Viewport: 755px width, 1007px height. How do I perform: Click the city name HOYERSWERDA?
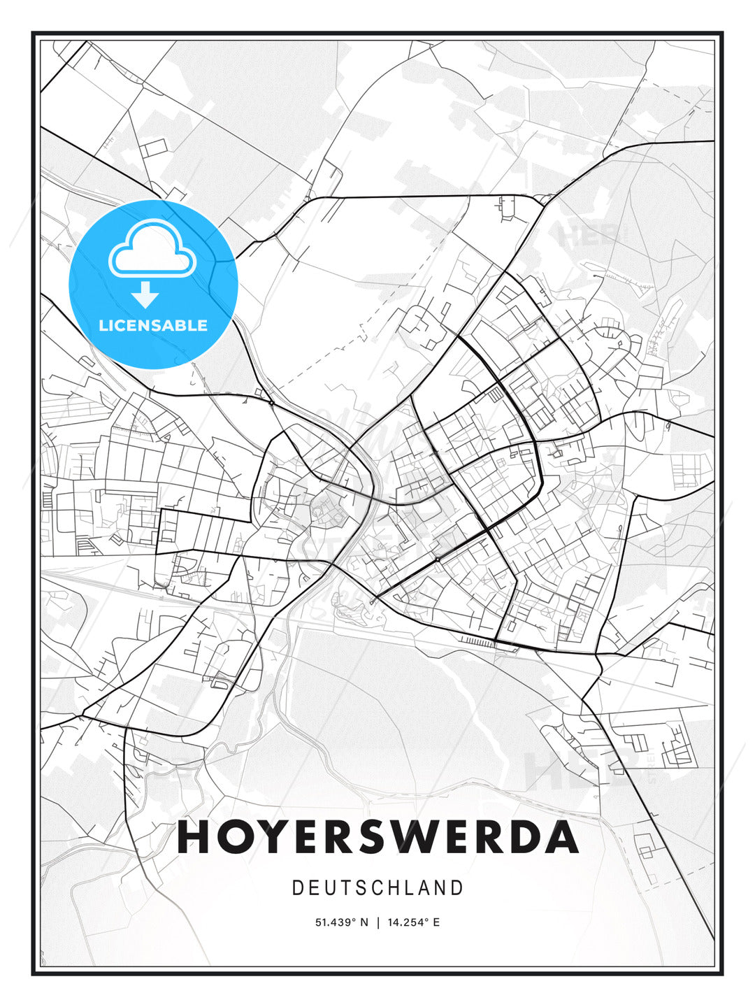377,837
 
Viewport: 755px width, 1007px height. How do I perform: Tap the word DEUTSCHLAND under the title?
377,888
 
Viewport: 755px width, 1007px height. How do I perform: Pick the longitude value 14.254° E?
412,922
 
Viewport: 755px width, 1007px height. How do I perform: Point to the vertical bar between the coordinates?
377,922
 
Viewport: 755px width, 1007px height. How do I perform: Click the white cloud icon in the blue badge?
152,249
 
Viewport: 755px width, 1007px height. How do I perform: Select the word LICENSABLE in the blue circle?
153,325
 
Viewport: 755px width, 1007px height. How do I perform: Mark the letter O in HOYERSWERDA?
234,837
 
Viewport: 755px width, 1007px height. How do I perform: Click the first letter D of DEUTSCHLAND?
297,888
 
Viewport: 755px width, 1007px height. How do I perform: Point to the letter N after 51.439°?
364,922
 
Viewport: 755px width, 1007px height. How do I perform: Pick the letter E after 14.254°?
436,922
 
